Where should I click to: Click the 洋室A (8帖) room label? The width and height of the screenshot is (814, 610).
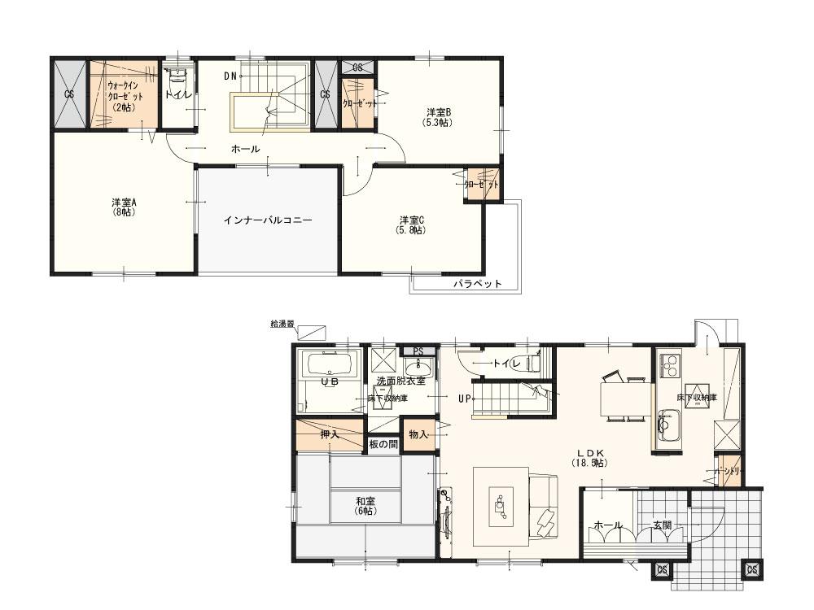(x=124, y=207)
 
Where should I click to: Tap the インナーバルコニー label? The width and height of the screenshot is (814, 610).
(x=268, y=220)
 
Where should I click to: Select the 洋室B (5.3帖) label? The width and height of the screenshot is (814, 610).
(x=438, y=116)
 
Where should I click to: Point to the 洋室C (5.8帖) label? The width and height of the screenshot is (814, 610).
(x=411, y=224)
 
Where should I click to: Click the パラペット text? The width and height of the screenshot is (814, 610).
(x=476, y=284)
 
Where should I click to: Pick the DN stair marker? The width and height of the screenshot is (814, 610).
(x=230, y=76)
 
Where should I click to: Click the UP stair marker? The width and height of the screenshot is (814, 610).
(x=465, y=399)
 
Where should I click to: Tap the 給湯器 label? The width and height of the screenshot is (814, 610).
(x=282, y=324)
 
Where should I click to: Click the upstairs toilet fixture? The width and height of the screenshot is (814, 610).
(x=178, y=81)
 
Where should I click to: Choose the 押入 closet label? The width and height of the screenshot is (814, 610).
(x=330, y=434)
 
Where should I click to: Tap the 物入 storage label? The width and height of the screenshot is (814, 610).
(x=418, y=434)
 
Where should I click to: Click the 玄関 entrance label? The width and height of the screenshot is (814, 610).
(x=662, y=525)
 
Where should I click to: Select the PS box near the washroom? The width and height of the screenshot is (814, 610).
(x=418, y=351)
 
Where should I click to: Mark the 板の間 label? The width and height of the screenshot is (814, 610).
(x=383, y=444)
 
